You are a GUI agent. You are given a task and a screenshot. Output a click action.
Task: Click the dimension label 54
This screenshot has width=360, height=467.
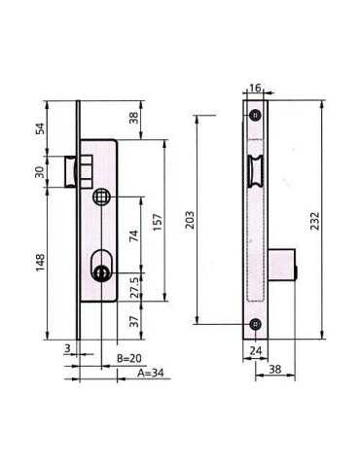pyautogui.click(x=40, y=128)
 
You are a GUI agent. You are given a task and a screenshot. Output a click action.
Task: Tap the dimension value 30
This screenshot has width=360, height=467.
pyautogui.click(x=40, y=172)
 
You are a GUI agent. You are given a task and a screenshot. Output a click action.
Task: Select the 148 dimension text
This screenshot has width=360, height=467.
pyautogui.click(x=40, y=263)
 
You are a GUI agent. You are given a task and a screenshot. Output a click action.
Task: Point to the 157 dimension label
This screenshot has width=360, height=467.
pyautogui.click(x=158, y=222)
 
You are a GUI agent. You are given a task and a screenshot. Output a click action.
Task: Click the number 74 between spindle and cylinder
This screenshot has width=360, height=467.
pyautogui.click(x=134, y=235)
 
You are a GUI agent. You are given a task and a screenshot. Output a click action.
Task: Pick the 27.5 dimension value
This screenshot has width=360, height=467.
pyautogui.click(x=134, y=288)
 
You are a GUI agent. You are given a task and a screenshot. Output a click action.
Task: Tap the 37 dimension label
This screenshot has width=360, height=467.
pyautogui.click(x=134, y=321)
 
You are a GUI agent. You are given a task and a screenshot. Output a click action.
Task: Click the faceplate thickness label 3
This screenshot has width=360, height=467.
pyautogui.click(x=67, y=348)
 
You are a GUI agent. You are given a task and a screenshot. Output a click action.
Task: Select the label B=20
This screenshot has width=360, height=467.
pyautogui.click(x=129, y=358)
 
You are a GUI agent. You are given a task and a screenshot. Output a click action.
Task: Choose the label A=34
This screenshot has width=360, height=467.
pyautogui.click(x=151, y=374)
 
